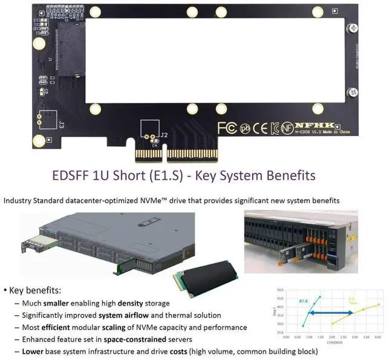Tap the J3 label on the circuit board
[62, 125]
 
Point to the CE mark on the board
[260, 128]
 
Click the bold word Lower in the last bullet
[33, 352]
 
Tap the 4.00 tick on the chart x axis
[378, 336]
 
